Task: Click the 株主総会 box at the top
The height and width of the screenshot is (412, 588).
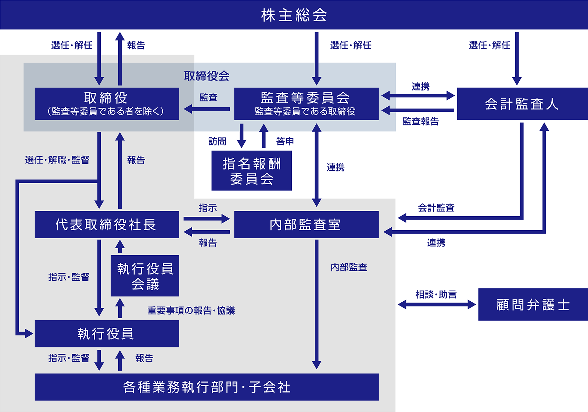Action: point(294,15)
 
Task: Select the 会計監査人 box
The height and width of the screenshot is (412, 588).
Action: point(522,104)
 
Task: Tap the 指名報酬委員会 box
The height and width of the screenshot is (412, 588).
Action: point(252,171)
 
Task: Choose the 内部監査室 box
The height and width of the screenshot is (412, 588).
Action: point(306,224)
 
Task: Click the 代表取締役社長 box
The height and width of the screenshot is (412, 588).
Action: point(107,224)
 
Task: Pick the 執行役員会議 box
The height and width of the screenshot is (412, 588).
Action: point(145,276)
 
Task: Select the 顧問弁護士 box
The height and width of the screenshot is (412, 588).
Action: point(533,305)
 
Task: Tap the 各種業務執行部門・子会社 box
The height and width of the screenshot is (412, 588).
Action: point(207,387)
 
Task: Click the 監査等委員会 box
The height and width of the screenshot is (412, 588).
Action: point(306,104)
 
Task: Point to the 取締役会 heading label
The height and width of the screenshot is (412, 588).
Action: point(207,76)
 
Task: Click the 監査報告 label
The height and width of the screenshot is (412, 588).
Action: point(420,121)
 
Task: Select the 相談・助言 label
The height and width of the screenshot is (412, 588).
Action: point(436,295)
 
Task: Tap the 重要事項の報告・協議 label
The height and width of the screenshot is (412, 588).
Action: point(191,311)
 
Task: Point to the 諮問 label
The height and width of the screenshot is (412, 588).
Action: point(217,141)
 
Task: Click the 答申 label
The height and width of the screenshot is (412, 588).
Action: point(285,141)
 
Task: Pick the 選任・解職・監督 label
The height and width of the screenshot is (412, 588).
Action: point(57,160)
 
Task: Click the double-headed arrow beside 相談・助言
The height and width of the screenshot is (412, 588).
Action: point(437,305)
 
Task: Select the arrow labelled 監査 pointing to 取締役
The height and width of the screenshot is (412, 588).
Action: point(207,109)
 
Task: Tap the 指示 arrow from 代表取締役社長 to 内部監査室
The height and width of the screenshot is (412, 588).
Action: point(207,219)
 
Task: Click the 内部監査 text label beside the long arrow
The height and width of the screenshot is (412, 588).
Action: point(349,267)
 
